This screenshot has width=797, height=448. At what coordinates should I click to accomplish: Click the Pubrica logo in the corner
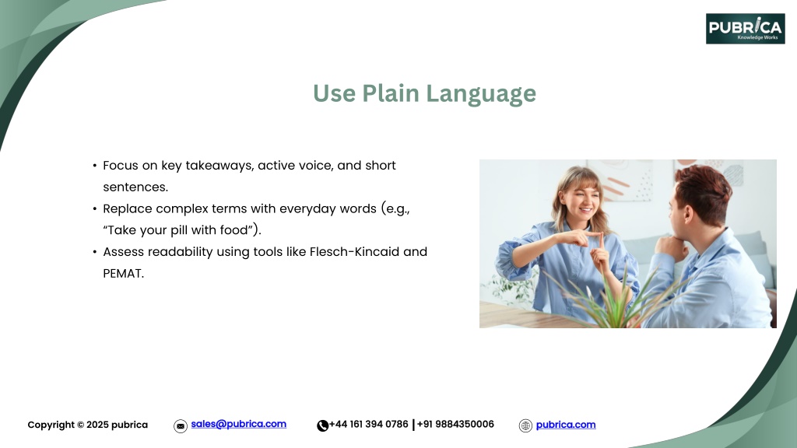(x=745, y=29)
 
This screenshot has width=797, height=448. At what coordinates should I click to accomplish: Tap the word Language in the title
(x=481, y=94)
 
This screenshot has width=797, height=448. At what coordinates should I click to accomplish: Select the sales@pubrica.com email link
(x=238, y=424)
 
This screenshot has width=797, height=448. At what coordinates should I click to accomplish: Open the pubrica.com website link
(x=566, y=425)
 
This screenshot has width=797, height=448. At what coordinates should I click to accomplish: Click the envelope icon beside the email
(x=181, y=426)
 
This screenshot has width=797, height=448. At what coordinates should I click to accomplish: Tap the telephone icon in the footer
(x=322, y=425)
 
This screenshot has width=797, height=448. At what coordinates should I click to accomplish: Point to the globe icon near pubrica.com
(x=525, y=425)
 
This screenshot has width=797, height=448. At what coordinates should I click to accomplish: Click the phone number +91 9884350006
(x=455, y=424)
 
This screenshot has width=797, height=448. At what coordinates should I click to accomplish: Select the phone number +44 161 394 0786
(x=368, y=424)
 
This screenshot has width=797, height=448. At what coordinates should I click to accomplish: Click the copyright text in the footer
(x=87, y=425)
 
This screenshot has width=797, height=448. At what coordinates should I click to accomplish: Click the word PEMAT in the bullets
(x=124, y=274)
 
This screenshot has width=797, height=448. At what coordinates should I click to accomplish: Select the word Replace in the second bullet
(x=128, y=209)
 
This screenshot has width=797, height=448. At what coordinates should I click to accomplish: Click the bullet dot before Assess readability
(x=94, y=252)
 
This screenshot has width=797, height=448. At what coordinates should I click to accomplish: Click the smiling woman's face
(x=583, y=198)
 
